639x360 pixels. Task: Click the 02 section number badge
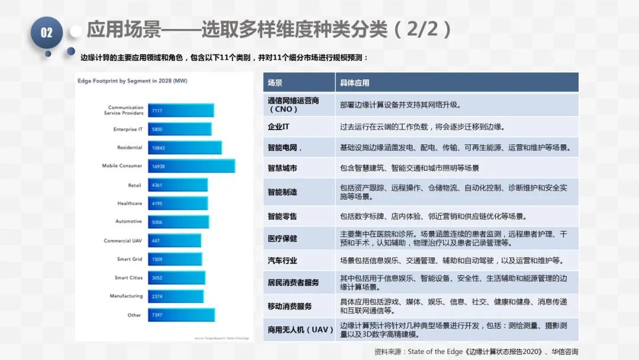(x=46, y=33)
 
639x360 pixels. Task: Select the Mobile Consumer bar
(x=191, y=166)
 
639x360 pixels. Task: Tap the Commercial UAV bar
(x=175, y=241)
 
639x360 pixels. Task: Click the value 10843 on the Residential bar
(x=158, y=148)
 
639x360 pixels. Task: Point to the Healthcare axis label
(x=130, y=203)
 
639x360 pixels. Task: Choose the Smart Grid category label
(x=130, y=259)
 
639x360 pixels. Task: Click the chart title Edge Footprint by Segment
(x=132, y=81)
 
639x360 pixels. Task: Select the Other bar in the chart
(x=181, y=315)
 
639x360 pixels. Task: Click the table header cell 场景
(x=275, y=83)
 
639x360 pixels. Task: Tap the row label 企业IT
(x=279, y=127)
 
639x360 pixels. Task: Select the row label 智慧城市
(x=282, y=168)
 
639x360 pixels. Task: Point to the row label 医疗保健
(x=282, y=238)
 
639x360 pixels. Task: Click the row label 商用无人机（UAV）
(x=297, y=329)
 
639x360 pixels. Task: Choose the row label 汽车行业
(x=282, y=261)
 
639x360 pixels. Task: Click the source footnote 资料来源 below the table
(x=476, y=351)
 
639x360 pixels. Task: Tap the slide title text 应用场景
(x=124, y=29)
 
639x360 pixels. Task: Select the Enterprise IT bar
(x=179, y=129)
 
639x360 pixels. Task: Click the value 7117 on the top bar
(x=157, y=111)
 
